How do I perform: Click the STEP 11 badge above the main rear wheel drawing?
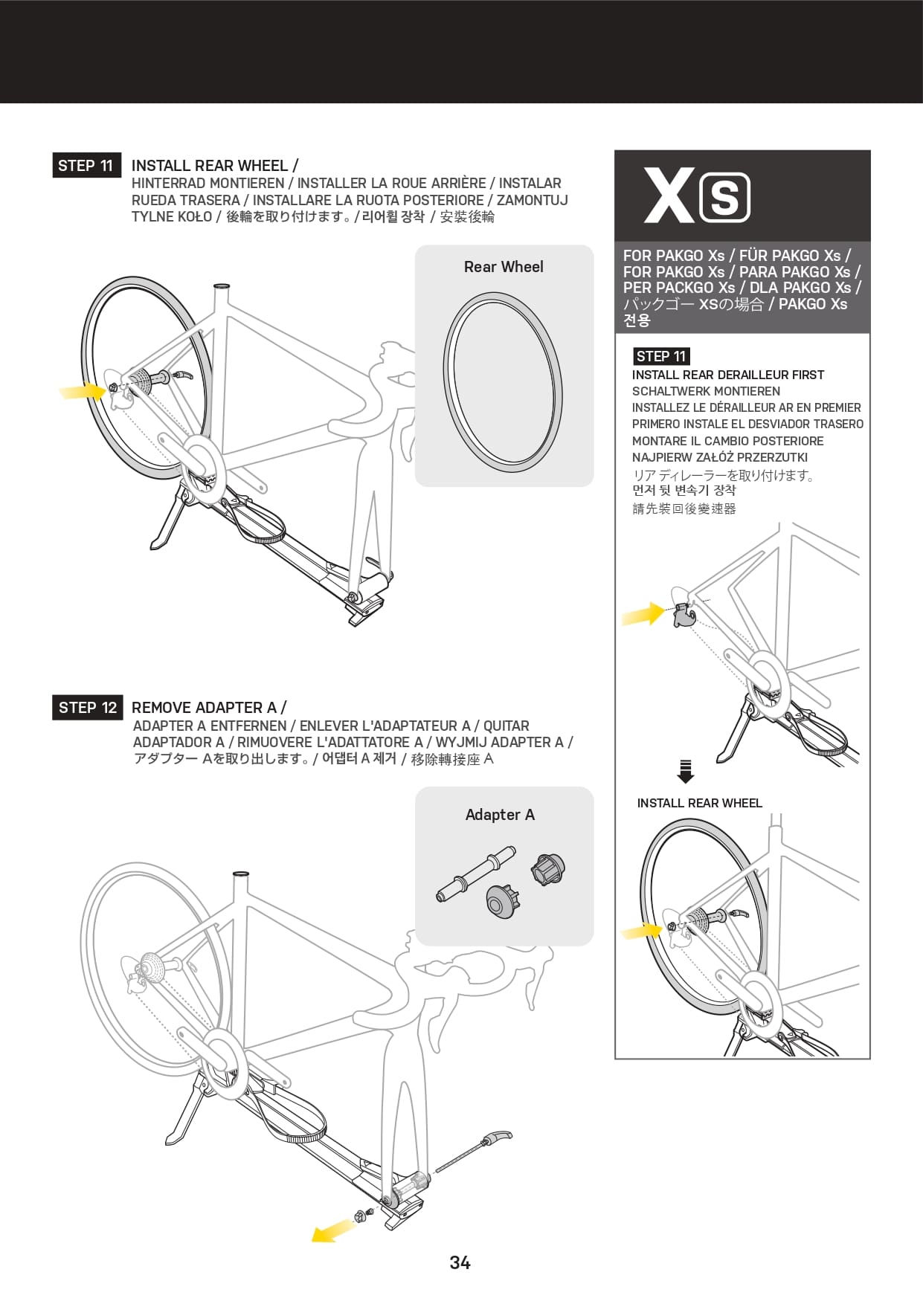pyautogui.click(x=86, y=165)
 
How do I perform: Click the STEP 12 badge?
pyautogui.click(x=88, y=707)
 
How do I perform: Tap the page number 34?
pyautogui.click(x=460, y=1262)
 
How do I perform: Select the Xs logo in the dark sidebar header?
pyautogui.click(x=697, y=196)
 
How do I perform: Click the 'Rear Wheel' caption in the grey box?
pyautogui.click(x=504, y=267)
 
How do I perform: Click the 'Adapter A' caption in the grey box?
pyautogui.click(x=500, y=815)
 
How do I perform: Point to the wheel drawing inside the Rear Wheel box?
pyautogui.click(x=503, y=382)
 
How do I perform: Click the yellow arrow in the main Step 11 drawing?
pyautogui.click(x=83, y=390)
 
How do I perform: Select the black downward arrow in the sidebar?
pyautogui.click(x=686, y=772)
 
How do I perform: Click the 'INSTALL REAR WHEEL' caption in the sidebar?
pyautogui.click(x=699, y=803)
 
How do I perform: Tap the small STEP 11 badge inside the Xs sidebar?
pyautogui.click(x=660, y=356)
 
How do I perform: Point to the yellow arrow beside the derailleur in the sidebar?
pyautogui.click(x=643, y=614)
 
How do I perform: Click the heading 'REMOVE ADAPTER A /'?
pyautogui.click(x=209, y=707)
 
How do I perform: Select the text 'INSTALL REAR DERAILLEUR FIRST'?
pyautogui.click(x=728, y=375)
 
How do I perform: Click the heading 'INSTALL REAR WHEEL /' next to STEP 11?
pyautogui.click(x=215, y=165)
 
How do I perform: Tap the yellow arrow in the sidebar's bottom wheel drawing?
pyautogui.click(x=642, y=930)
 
